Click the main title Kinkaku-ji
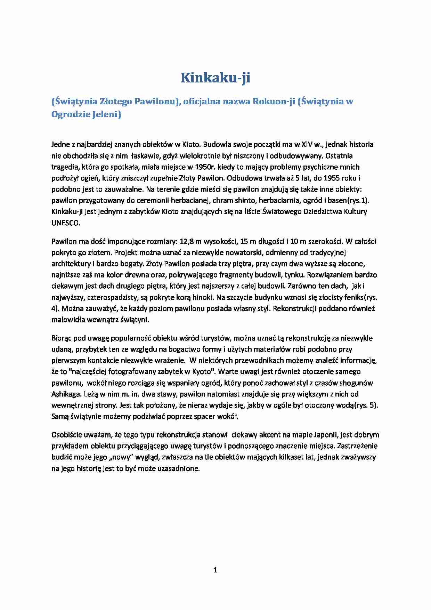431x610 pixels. (215, 78)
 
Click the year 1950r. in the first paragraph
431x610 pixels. (205, 167)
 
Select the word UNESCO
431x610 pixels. (65, 223)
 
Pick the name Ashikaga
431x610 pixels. (66, 394)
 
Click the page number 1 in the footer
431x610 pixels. (215, 570)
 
